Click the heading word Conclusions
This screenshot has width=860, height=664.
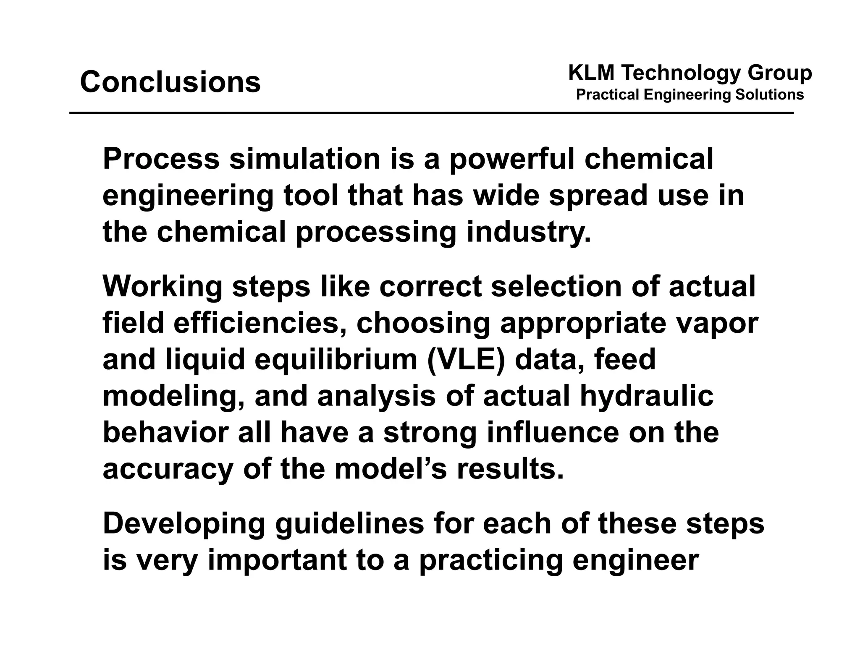(170, 82)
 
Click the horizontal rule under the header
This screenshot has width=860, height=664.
(431, 113)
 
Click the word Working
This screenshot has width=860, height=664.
(163, 288)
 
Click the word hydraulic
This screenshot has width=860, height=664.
(646, 397)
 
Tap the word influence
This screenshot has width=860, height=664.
(553, 433)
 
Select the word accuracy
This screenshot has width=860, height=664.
(168, 470)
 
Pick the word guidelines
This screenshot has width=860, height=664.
(349, 524)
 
